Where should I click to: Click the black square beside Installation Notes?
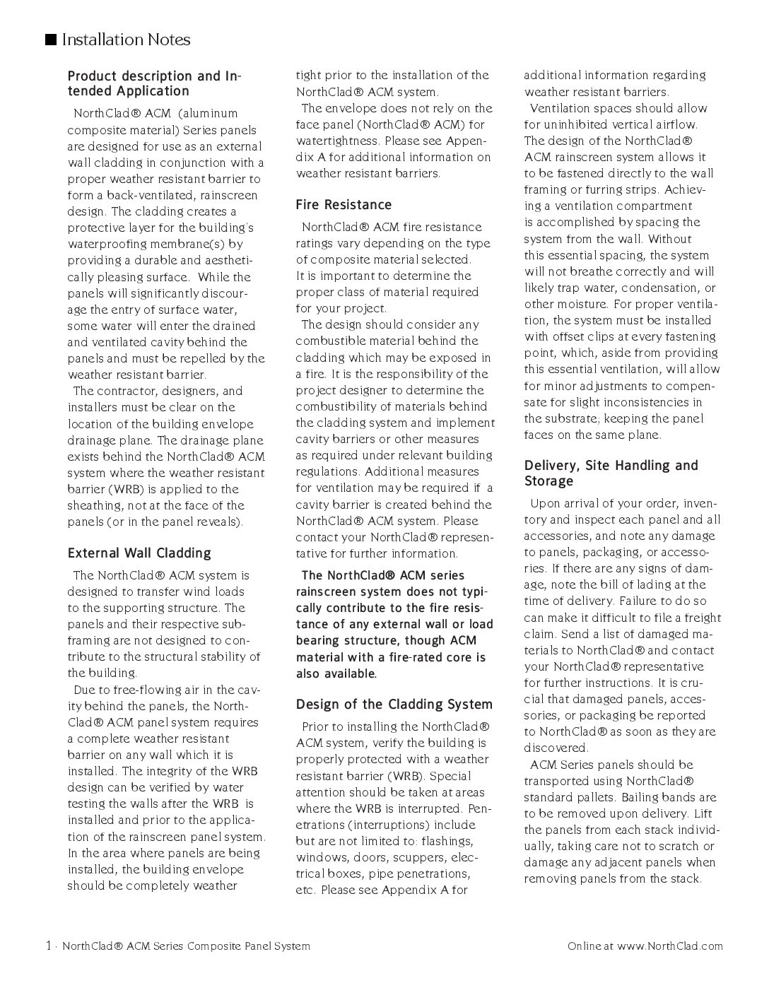point(51,40)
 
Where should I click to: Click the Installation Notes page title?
point(126,40)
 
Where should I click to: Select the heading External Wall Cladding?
point(139,553)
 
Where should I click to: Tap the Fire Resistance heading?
point(344,205)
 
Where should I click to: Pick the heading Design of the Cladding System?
point(394,705)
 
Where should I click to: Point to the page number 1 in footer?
point(48,946)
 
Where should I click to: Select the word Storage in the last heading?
point(548,481)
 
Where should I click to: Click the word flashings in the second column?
point(447,842)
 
